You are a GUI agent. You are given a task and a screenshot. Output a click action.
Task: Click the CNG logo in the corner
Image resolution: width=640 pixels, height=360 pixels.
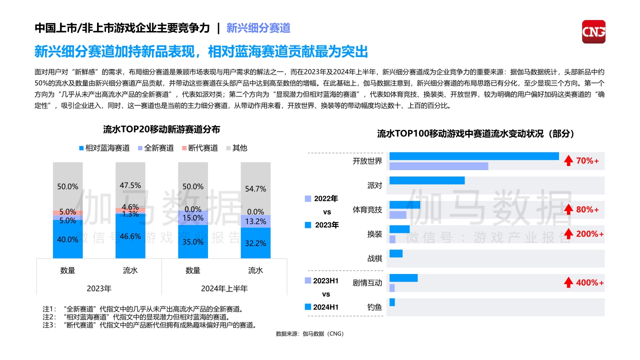[593, 31]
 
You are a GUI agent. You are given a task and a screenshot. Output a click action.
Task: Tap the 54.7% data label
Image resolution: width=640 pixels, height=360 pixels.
[255, 189]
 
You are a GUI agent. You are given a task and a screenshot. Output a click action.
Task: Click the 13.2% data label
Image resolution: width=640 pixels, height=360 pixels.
[255, 221]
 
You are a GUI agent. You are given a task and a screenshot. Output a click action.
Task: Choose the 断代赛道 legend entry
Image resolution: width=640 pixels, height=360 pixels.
[199, 148]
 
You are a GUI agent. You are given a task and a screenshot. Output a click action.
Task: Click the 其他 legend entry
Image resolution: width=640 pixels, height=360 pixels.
[236, 148]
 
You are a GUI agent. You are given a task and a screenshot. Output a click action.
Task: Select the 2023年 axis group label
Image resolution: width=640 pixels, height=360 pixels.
[99, 288]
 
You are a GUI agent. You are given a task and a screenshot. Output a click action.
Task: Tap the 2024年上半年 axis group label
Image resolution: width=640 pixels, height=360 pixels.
[224, 288]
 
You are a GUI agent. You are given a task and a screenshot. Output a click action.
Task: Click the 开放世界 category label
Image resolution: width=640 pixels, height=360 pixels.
[367, 161]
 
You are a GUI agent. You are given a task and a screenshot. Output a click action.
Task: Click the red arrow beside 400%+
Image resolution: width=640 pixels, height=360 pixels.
[568, 282]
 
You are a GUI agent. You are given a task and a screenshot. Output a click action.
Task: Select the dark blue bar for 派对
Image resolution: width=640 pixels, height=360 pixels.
[427, 180]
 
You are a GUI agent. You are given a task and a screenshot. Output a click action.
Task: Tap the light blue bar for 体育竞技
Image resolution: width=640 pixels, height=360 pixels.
[398, 215]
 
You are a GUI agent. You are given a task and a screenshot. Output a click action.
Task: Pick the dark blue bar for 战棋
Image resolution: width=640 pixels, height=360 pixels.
[396, 253]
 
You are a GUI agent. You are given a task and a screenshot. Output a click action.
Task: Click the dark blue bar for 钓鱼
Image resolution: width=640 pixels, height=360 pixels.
[392, 302]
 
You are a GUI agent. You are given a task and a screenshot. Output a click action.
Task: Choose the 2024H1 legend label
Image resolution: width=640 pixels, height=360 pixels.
[325, 307]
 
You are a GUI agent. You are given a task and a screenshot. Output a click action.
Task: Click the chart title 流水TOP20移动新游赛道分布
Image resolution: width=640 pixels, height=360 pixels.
[161, 129]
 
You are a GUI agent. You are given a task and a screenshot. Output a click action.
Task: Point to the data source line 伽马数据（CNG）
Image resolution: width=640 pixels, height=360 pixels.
[309, 334]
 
